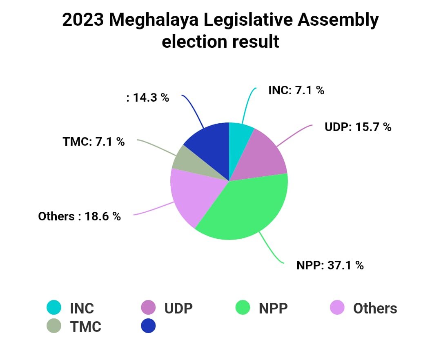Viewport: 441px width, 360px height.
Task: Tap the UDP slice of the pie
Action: tap(263, 157)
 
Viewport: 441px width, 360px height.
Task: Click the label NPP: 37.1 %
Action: tap(330, 265)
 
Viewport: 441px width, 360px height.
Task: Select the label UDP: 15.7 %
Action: tap(358, 127)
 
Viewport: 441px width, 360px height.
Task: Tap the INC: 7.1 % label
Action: tap(296, 90)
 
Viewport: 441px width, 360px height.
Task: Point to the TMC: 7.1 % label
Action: tap(94, 142)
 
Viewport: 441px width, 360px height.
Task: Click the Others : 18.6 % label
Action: tap(80, 216)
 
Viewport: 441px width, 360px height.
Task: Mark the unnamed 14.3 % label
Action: tap(147, 98)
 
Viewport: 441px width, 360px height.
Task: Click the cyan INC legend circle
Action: tap(54, 308)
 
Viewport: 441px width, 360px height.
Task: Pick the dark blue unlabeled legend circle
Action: tap(148, 326)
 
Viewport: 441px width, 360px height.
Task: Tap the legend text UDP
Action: tap(178, 308)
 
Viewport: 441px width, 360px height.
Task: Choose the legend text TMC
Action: tap(85, 327)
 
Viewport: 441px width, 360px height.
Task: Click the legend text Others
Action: tap(375, 308)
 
